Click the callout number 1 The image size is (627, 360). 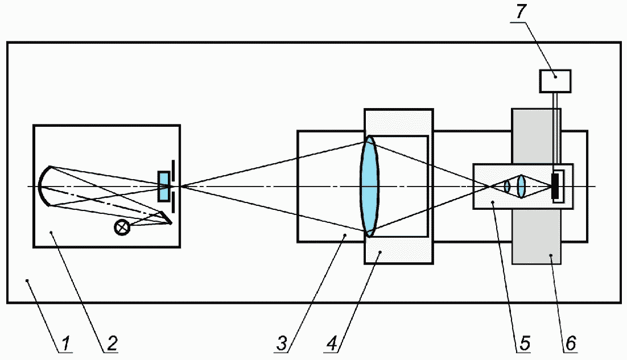[x=65, y=344]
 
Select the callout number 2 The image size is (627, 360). [x=112, y=344]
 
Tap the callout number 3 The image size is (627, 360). [x=282, y=344]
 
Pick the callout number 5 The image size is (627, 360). [x=524, y=344]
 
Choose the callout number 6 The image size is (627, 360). [x=570, y=344]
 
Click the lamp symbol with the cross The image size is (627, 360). [x=122, y=227]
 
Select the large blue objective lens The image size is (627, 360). [x=369, y=186]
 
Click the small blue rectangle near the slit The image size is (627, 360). [x=163, y=186]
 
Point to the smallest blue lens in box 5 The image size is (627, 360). [x=507, y=186]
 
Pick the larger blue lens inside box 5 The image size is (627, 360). [x=521, y=186]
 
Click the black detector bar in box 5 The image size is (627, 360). [x=555, y=186]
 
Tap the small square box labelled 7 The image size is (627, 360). [x=555, y=81]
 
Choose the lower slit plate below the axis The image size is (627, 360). [x=173, y=202]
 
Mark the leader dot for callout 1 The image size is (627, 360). [x=27, y=280]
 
